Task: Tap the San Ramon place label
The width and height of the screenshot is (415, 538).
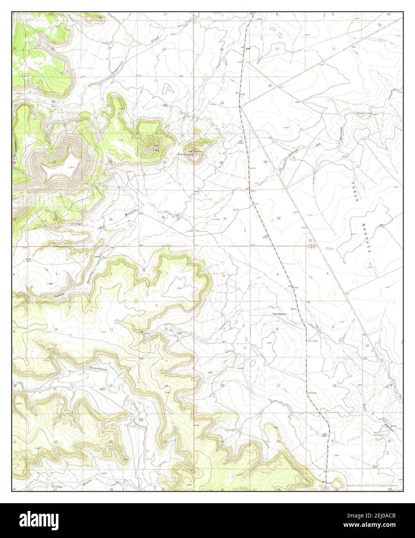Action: [280, 314]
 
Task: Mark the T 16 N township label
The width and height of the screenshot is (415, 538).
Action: [310, 245]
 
